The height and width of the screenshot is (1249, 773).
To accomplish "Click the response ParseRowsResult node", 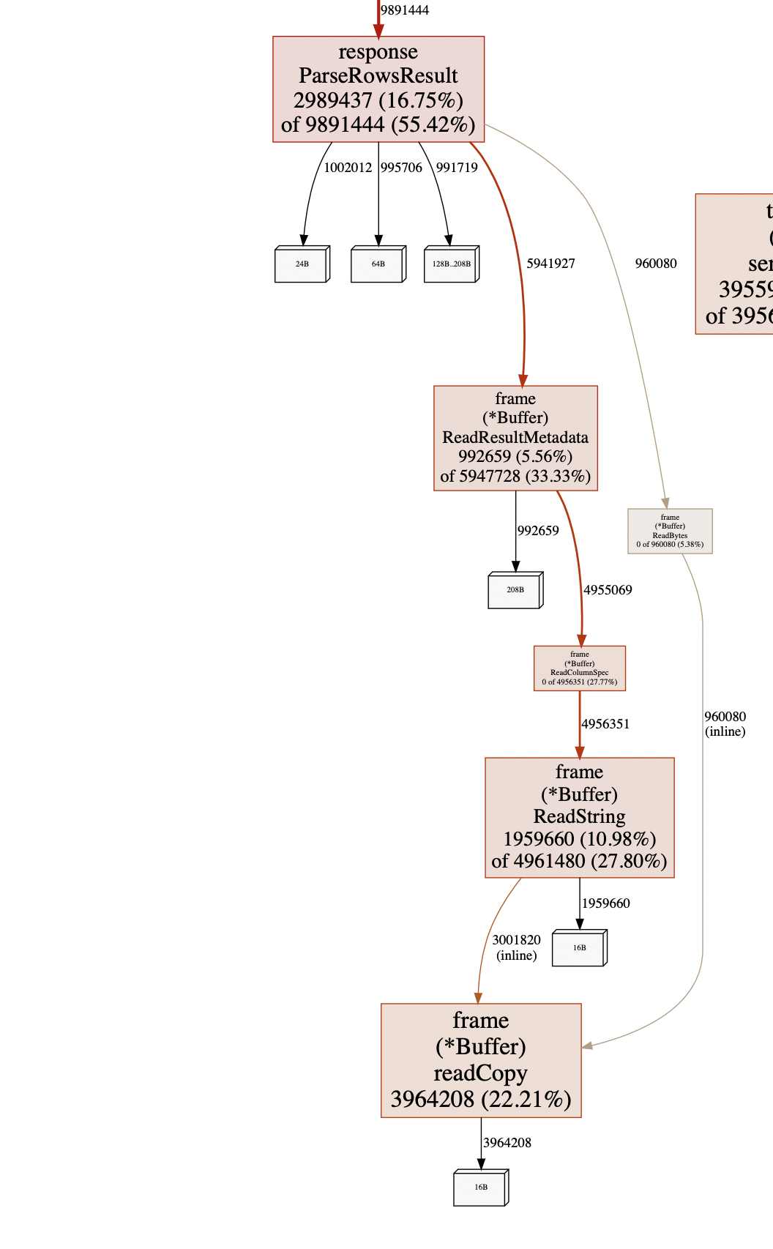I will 378,89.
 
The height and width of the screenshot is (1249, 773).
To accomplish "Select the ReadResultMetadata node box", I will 515,438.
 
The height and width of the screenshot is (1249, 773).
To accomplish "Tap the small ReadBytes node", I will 670,531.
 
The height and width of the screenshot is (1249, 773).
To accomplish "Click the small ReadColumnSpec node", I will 579,668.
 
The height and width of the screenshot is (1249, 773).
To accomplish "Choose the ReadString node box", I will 579,817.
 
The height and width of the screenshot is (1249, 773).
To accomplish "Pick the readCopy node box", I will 481,1060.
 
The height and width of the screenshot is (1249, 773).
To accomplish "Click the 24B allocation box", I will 302,264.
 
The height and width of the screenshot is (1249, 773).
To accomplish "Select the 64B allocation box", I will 378,264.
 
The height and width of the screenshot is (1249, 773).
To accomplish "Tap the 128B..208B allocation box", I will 451,264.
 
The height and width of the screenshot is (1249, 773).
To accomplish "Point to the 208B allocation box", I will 515,590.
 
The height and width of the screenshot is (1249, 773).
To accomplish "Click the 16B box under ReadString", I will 579,948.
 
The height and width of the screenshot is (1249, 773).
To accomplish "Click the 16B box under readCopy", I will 480,1188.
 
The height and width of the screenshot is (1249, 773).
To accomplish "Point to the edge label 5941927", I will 550,264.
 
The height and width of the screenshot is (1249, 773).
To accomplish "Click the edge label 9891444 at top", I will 405,10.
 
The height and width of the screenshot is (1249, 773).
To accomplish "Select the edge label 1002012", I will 348,168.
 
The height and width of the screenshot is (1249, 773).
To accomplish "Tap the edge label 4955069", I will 608,590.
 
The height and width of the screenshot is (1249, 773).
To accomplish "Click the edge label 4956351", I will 605,724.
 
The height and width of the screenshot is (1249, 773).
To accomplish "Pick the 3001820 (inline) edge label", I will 516,947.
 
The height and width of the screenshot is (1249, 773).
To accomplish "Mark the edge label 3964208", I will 507,1143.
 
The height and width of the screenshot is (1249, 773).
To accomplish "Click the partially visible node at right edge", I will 735,264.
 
